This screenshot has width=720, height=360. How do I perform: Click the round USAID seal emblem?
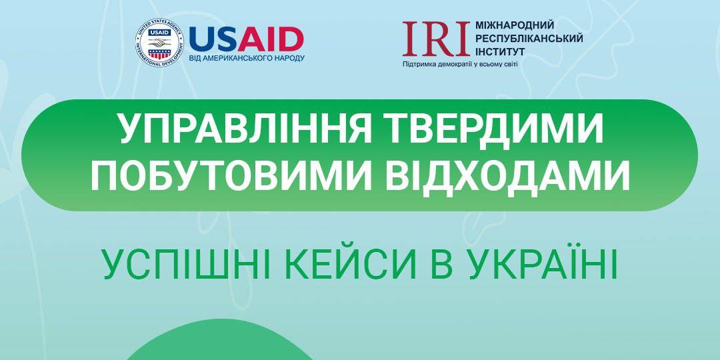[x=159, y=43]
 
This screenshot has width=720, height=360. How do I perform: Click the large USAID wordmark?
[x=246, y=39]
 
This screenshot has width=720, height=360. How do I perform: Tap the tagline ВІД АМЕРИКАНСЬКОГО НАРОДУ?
[x=247, y=58]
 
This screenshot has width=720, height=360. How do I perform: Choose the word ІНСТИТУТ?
[x=500, y=51]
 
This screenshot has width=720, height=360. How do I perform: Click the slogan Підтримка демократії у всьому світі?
[x=459, y=64]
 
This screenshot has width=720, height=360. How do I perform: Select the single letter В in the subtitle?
[x=442, y=265]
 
